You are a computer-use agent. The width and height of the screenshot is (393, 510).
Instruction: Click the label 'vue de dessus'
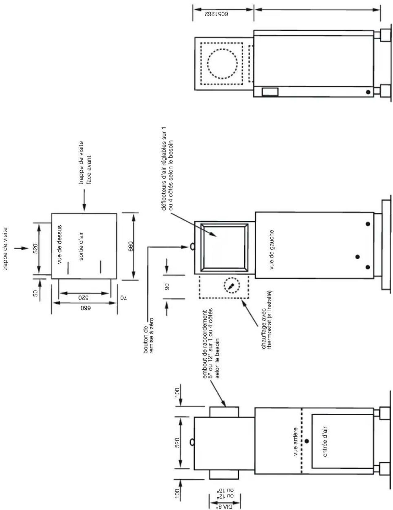coord(60,245)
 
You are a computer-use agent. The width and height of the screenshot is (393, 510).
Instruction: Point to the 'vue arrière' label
coord(296,442)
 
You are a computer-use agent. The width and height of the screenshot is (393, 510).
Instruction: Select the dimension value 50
coord(36,294)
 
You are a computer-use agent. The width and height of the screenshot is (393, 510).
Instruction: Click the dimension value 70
coord(123,297)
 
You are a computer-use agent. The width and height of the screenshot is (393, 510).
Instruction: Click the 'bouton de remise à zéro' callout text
coord(148,335)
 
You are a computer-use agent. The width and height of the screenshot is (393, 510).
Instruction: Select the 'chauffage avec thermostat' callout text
coord(266,319)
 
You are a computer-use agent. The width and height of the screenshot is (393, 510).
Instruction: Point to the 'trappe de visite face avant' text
coord(84,162)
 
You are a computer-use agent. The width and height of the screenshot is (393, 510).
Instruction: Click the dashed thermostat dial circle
coord(231,285)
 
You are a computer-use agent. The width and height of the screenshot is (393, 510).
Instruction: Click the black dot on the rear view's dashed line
coord(307,441)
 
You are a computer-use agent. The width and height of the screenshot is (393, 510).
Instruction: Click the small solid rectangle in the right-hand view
coord(270,92)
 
